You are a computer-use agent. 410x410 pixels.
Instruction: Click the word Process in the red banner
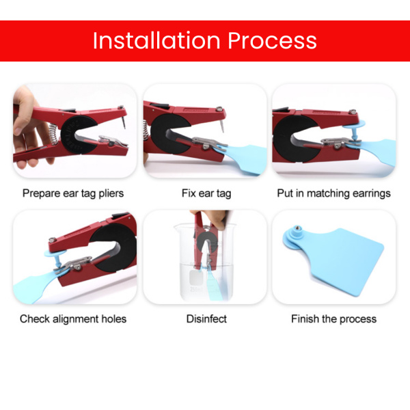[x=272, y=40]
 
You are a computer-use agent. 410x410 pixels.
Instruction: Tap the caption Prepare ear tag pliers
[x=73, y=194]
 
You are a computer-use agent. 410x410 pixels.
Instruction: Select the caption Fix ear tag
[x=206, y=194]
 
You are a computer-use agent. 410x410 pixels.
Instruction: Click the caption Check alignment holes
[x=73, y=319]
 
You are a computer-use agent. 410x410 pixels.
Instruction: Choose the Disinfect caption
[x=206, y=319]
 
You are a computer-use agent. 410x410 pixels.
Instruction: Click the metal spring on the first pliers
[x=53, y=134]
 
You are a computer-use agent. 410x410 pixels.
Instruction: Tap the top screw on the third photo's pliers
[x=353, y=112]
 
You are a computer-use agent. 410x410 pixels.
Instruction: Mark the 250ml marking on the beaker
[x=196, y=290]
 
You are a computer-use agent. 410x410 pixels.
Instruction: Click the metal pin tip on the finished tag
[x=297, y=229]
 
